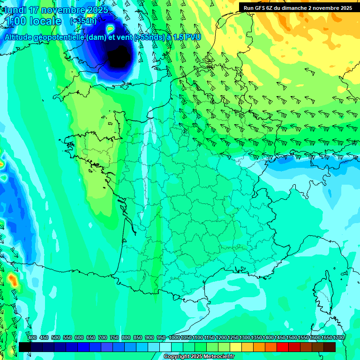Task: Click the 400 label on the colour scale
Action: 32,337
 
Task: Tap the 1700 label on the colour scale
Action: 338,337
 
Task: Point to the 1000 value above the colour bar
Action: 174,337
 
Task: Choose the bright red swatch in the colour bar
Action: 283,347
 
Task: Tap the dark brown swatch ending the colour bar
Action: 330,347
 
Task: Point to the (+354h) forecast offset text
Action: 83,21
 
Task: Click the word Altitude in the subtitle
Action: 20,37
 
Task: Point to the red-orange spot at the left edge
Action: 12,280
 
